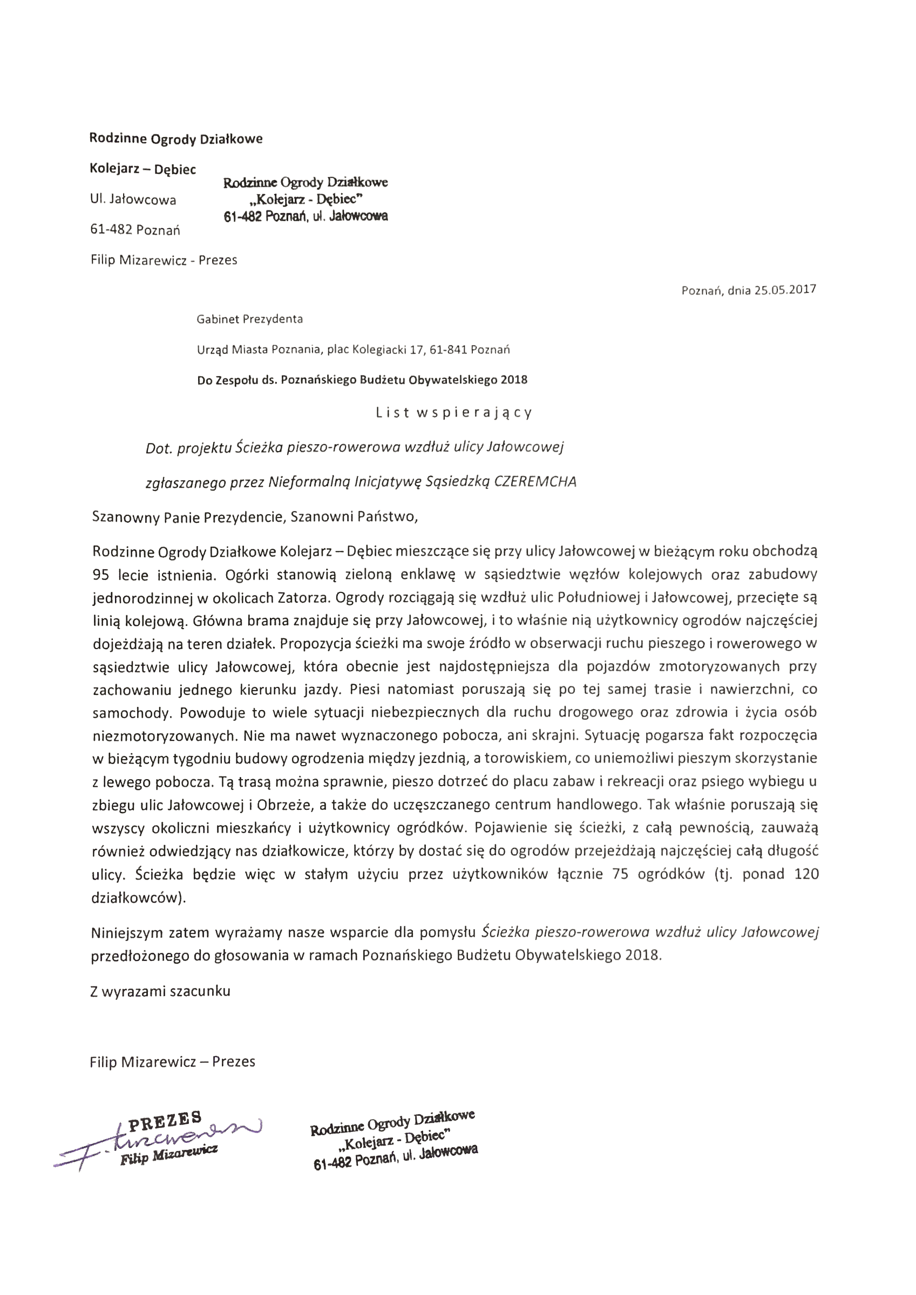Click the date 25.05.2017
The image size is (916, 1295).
point(785,290)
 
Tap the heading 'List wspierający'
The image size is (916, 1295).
point(454,413)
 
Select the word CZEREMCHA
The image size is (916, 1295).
point(535,482)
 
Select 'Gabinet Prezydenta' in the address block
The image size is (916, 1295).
point(249,319)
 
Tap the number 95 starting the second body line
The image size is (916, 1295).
point(100,575)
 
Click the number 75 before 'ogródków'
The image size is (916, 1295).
point(620,874)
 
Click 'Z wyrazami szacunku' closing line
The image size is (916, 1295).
point(160,991)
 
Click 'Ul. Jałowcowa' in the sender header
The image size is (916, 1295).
point(133,200)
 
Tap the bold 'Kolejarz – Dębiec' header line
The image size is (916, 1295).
point(143,169)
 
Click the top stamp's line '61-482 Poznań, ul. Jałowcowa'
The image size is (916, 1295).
point(306,216)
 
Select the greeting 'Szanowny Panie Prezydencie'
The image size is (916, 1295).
point(188,517)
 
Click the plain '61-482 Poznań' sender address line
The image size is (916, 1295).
point(135,230)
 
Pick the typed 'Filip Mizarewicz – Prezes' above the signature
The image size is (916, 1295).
point(172,1061)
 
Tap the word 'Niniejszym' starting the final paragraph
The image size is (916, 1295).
point(126,933)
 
